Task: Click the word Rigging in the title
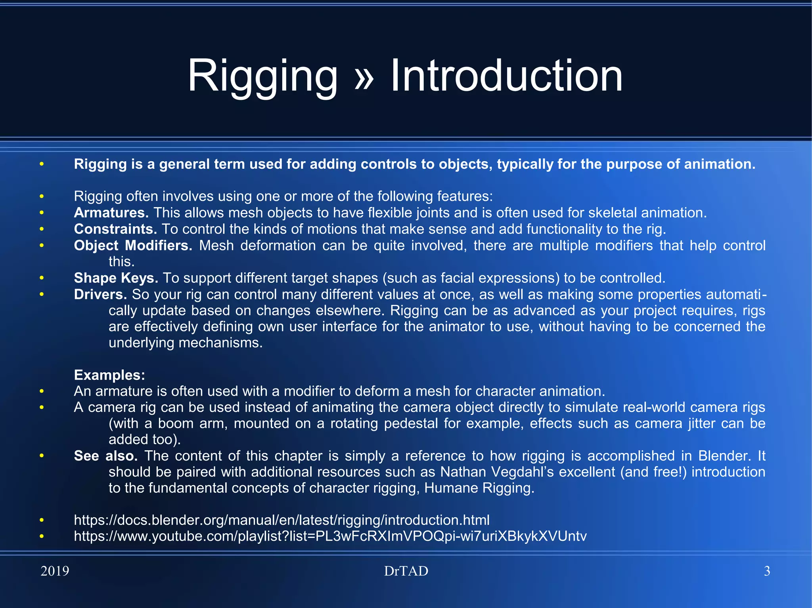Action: (x=262, y=76)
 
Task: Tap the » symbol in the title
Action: (x=364, y=77)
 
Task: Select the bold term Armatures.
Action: (x=111, y=213)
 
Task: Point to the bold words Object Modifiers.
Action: (x=133, y=246)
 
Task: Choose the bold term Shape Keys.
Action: (x=116, y=278)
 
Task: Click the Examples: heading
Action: (x=109, y=375)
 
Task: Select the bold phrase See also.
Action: (x=106, y=456)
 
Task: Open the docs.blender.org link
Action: (x=282, y=520)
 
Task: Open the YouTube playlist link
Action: (x=330, y=536)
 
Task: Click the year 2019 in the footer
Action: (x=55, y=571)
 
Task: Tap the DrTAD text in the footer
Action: (x=406, y=571)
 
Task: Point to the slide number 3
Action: (x=767, y=571)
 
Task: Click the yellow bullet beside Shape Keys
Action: (x=42, y=278)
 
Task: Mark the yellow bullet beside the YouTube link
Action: (x=42, y=536)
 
